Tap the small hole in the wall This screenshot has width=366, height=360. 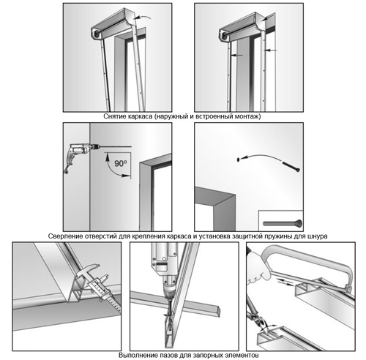click(238, 160)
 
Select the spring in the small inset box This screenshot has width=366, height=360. click(283, 223)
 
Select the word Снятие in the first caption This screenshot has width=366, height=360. click(113, 116)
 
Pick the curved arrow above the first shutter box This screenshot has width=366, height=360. click(143, 18)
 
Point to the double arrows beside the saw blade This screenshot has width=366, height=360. click(285, 282)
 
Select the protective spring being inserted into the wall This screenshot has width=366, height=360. click(291, 167)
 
